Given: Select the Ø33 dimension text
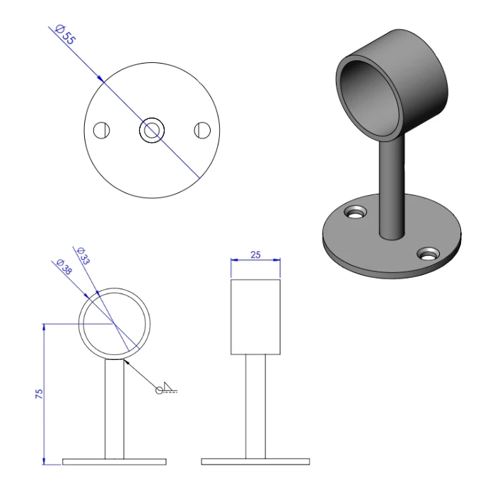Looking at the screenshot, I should click(83, 255).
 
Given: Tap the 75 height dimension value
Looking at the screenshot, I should click(40, 393).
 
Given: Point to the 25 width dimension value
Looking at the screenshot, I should click(256, 255).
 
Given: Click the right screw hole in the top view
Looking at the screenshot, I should click(202, 130).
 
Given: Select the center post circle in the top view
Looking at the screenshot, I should click(152, 130).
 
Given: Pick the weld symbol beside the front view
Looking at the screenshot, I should click(166, 388).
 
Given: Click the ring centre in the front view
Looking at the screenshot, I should click(115, 324).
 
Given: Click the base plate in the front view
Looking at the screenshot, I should click(115, 462).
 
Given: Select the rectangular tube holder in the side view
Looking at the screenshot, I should click(256, 316).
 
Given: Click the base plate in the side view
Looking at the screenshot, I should click(256, 462).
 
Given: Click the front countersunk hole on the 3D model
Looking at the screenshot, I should click(426, 254).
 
